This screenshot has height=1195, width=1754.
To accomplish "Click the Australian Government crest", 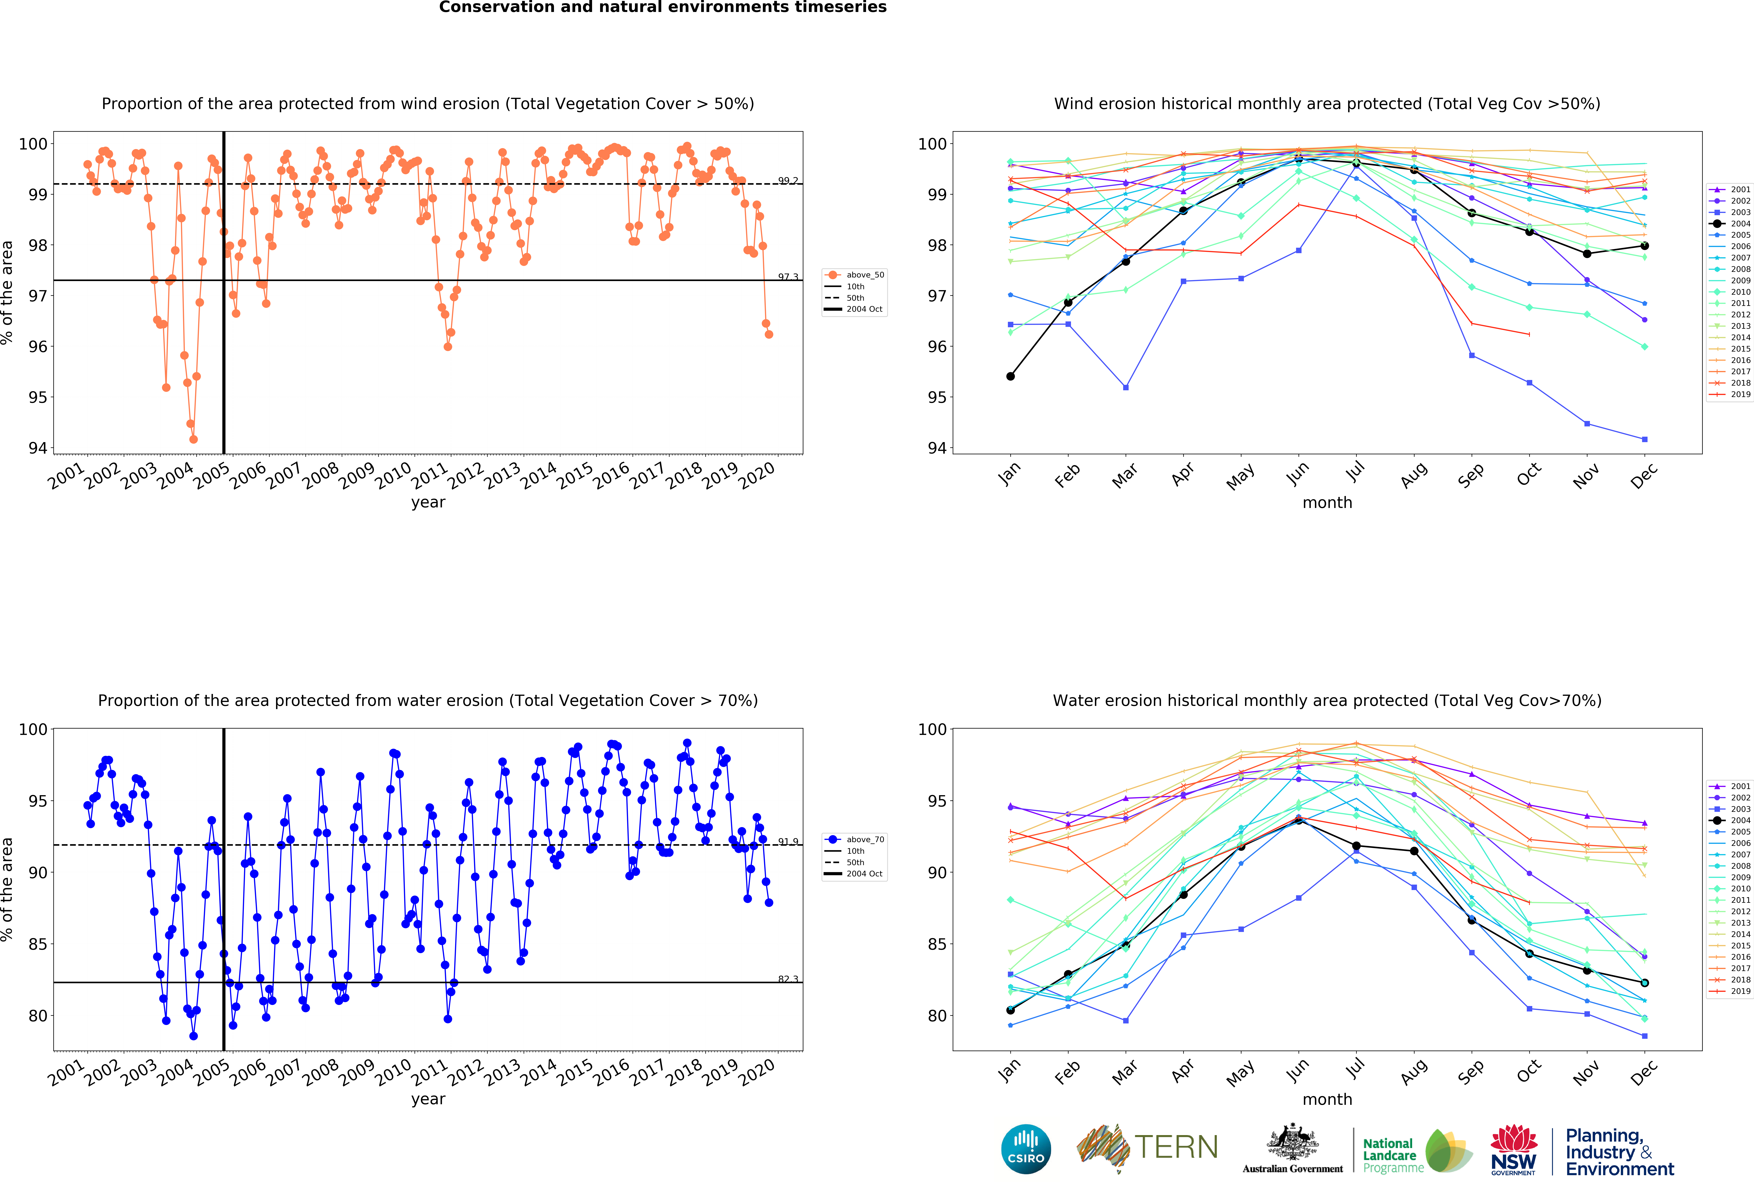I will click(x=1293, y=1143).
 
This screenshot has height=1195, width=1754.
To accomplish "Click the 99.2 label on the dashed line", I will click(x=788, y=180).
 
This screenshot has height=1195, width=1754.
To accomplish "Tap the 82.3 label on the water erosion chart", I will click(x=788, y=979).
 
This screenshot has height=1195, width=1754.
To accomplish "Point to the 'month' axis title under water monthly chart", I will click(x=1327, y=1099).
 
